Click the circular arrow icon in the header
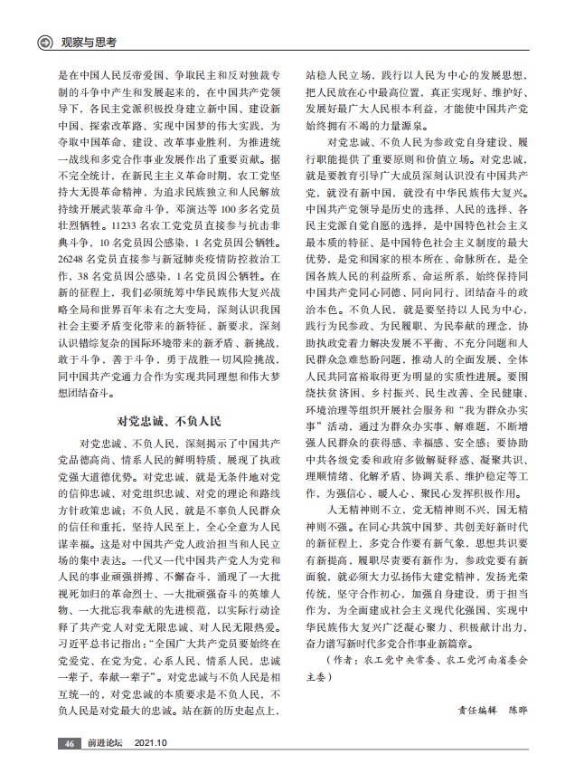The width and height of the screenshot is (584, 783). coord(42,41)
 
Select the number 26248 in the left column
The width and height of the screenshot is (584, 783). coord(72,258)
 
